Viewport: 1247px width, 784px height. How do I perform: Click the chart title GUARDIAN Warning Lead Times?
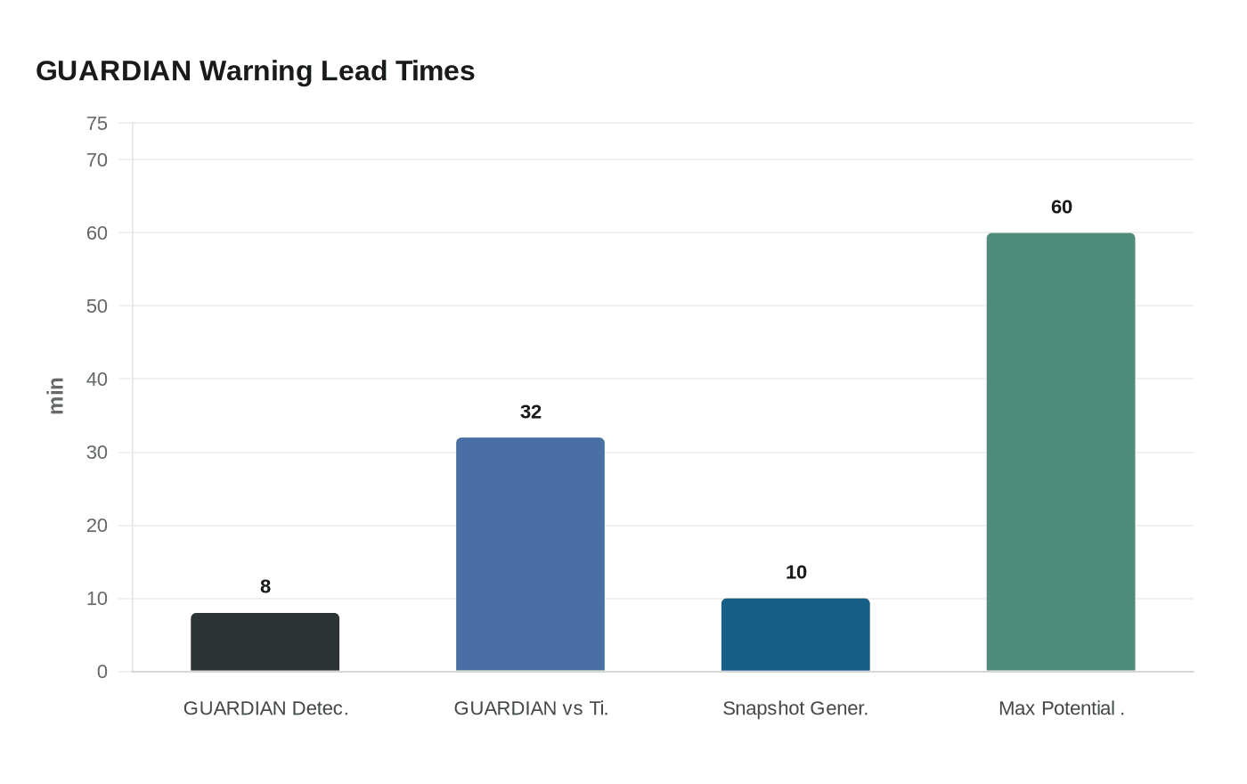[255, 70]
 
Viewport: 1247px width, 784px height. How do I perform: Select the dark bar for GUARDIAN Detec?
[265, 641]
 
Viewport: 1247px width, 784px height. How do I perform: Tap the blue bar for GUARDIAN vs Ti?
[530, 554]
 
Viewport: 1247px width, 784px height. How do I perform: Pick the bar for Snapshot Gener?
[795, 634]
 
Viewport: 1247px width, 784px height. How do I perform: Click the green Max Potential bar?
[1061, 452]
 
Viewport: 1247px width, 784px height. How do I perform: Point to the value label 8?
[265, 586]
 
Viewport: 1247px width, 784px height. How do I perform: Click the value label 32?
[531, 412]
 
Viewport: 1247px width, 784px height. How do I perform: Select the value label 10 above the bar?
[796, 572]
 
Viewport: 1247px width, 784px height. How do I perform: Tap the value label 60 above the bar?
[1062, 207]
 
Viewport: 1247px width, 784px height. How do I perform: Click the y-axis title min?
[56, 396]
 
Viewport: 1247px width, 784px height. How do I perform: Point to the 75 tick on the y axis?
[97, 124]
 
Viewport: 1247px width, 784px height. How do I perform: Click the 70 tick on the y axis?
[97, 160]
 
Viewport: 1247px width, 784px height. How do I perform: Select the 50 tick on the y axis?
[97, 306]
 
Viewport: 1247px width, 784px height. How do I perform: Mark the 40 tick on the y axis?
[97, 380]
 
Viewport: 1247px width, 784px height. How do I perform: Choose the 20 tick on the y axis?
[97, 526]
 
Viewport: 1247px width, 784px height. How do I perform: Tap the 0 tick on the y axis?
[102, 672]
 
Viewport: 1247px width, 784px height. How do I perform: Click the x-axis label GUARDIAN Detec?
[265, 708]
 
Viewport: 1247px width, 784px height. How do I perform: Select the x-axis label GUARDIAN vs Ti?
[531, 708]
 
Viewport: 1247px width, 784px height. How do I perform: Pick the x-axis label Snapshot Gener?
[795, 708]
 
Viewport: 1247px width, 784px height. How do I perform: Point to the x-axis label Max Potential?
[1061, 708]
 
